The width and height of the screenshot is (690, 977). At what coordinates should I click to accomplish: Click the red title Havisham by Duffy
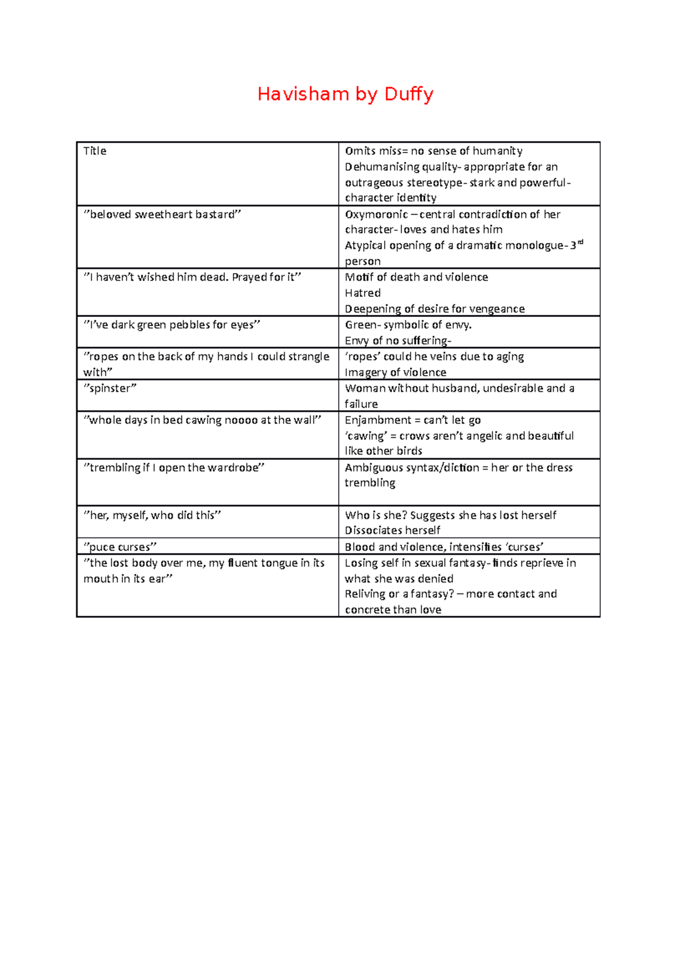pyautogui.click(x=345, y=94)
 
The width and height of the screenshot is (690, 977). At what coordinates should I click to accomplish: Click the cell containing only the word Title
pyautogui.click(x=95, y=151)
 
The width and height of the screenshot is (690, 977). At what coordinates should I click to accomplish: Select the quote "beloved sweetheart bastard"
pyautogui.click(x=162, y=215)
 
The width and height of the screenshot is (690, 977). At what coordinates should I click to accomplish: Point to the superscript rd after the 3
pyautogui.click(x=580, y=242)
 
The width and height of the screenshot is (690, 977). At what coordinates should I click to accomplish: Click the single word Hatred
pyautogui.click(x=362, y=293)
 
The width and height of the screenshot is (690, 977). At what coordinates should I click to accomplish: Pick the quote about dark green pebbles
pyautogui.click(x=172, y=325)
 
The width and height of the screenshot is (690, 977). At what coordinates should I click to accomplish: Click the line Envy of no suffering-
pyautogui.click(x=398, y=341)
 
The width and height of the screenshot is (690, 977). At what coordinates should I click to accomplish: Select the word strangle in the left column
pyautogui.click(x=309, y=357)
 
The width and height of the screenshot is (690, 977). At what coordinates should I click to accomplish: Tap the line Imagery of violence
pyautogui.click(x=395, y=372)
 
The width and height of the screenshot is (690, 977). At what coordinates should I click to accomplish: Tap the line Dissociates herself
pyautogui.click(x=392, y=531)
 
